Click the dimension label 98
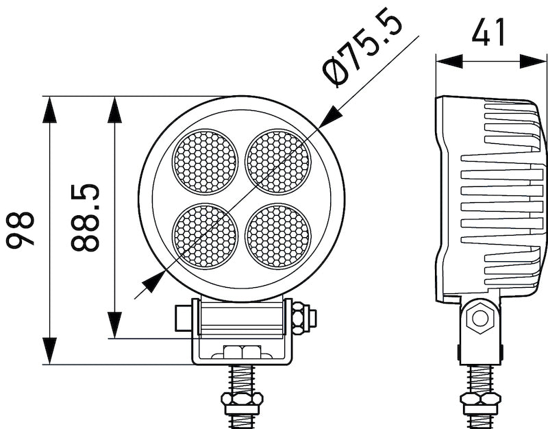point(21,230)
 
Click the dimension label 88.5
point(86,218)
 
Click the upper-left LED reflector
point(204,162)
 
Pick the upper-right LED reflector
point(278,162)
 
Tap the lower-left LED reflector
point(204,236)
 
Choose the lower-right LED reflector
point(278,236)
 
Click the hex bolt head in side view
point(479,317)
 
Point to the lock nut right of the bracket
point(301,318)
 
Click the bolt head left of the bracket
point(183,318)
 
